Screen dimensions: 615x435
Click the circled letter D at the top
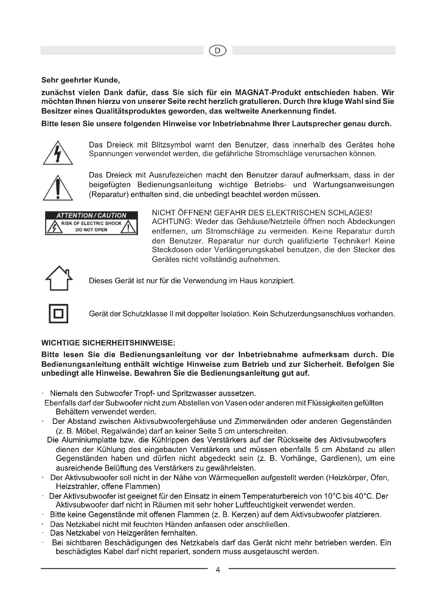pyautogui.click(x=217, y=51)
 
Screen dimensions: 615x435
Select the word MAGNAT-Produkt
pyautogui.click(x=267, y=93)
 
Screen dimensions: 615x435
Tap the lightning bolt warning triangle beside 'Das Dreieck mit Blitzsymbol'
pyautogui.click(x=58, y=153)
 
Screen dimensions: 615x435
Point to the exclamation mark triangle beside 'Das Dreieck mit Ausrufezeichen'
pyautogui.click(x=58, y=188)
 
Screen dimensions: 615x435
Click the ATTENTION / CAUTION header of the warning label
pyautogui.click(x=91, y=215)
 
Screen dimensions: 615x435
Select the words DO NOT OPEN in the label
pyautogui.click(x=91, y=230)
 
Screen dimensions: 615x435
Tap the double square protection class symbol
pyautogui.click(x=58, y=313)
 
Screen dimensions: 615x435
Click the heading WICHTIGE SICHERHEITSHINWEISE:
pyautogui.click(x=108, y=343)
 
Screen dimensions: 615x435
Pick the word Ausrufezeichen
pyautogui.click(x=175, y=175)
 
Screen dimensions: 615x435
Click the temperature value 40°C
pyautogui.click(x=364, y=496)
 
